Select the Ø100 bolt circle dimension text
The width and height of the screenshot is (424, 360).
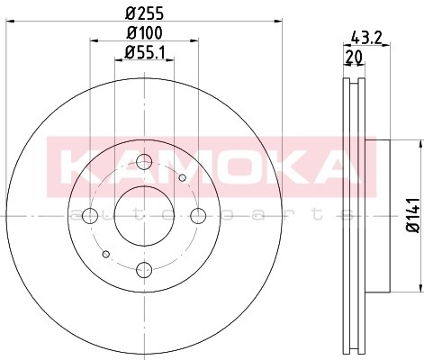[144, 35]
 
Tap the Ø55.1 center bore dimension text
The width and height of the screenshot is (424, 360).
[144, 52]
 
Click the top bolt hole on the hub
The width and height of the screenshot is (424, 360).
[144, 163]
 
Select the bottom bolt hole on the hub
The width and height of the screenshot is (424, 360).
[144, 269]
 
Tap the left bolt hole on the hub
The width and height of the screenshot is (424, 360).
[90, 216]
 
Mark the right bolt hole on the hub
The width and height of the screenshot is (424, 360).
[197, 216]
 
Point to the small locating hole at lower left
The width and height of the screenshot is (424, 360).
[106, 254]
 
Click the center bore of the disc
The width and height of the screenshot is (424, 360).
[144, 216]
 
